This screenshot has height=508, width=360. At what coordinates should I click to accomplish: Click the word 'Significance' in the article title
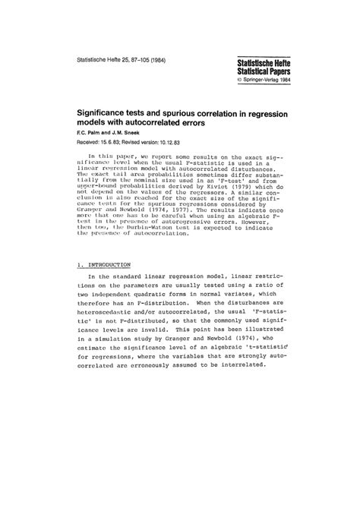(110, 111)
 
